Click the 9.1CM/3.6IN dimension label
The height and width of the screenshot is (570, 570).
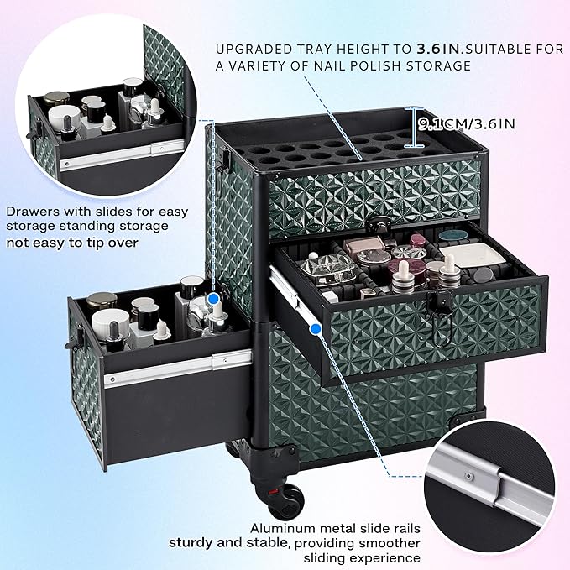click(x=469, y=124)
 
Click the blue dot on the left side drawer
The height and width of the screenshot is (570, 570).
click(x=215, y=298)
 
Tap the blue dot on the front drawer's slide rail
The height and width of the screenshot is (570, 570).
click(x=315, y=329)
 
